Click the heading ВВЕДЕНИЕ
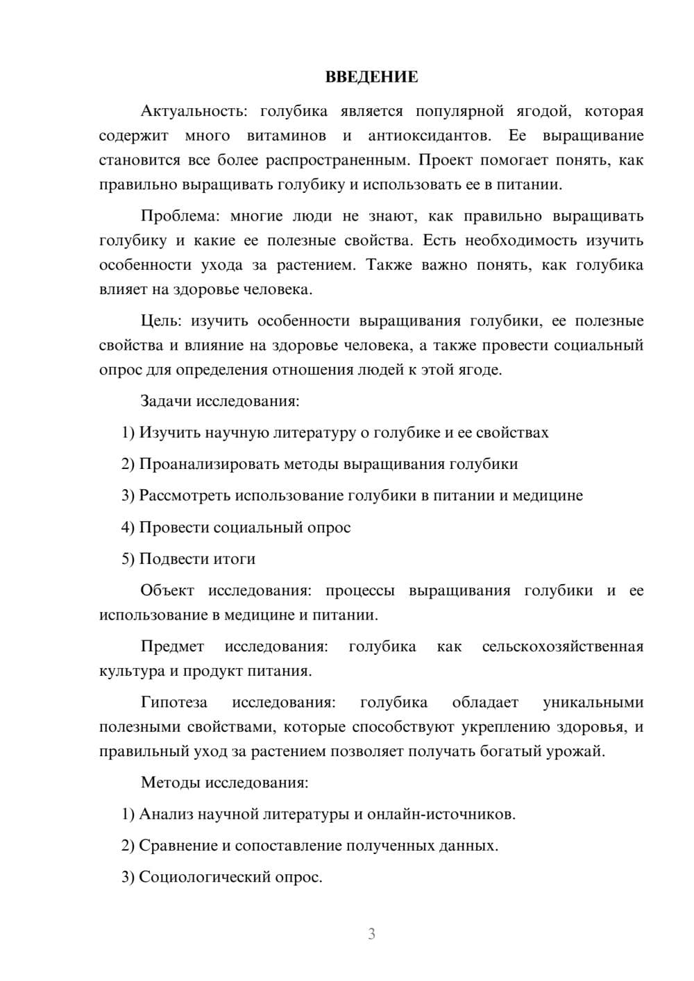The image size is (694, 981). click(x=371, y=77)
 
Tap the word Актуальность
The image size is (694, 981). click(x=192, y=111)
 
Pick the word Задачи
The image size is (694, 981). click(x=167, y=401)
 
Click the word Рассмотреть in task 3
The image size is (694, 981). click(x=185, y=495)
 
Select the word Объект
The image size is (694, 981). click(x=167, y=590)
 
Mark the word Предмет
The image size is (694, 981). click(x=172, y=647)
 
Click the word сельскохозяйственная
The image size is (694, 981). click(x=563, y=647)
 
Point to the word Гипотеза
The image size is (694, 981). click(x=174, y=702)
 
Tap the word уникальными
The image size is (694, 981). click(x=593, y=702)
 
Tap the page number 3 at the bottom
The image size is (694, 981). click(x=371, y=934)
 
